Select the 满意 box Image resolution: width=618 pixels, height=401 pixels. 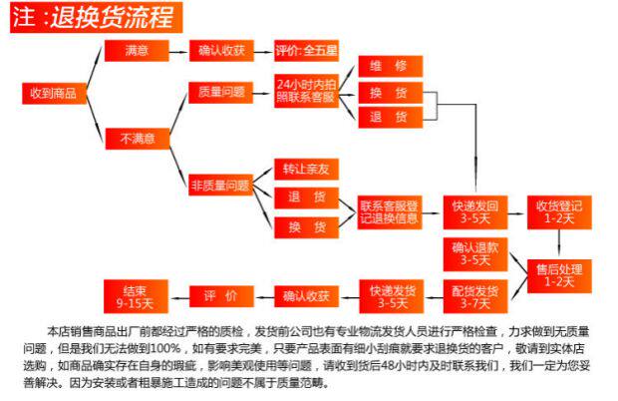[x=137, y=49]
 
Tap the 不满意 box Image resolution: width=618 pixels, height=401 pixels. [x=137, y=139]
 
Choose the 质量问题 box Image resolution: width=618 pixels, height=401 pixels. [x=220, y=92]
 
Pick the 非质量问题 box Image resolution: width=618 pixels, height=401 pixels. [x=220, y=185]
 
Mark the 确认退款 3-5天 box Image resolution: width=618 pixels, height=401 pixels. [x=474, y=253]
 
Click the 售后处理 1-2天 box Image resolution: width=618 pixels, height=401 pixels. [x=558, y=274]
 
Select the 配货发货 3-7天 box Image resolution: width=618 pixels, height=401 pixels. [x=474, y=296]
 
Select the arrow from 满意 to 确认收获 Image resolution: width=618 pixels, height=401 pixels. [x=174, y=49]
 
